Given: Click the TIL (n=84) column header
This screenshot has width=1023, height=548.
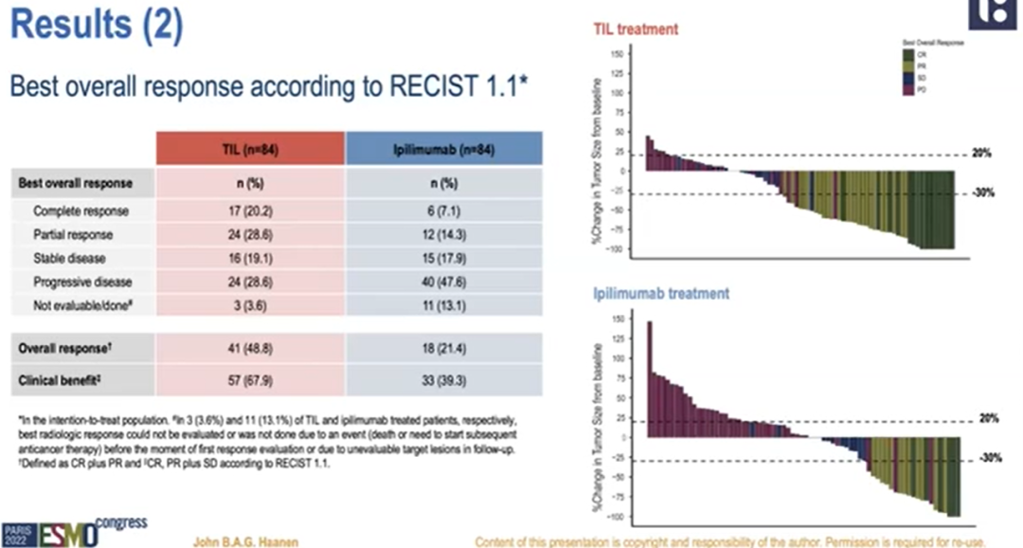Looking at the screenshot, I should pyautogui.click(x=250, y=149).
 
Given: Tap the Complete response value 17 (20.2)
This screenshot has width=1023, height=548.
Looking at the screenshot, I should pyautogui.click(x=250, y=210).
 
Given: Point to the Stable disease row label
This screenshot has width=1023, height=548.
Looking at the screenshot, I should pyautogui.click(x=70, y=258).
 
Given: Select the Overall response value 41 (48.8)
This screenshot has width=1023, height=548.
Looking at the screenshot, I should pyautogui.click(x=250, y=348).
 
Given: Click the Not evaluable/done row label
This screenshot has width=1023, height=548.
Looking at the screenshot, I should pyautogui.click(x=80, y=305).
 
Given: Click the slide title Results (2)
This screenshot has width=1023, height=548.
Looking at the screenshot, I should pyautogui.click(x=95, y=26).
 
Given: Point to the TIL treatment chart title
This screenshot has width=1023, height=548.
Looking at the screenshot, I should pyautogui.click(x=636, y=29).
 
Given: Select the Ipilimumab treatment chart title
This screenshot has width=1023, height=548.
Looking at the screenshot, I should pyautogui.click(x=661, y=294).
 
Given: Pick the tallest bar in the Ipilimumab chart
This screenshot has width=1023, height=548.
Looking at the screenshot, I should pyautogui.click(x=650, y=379).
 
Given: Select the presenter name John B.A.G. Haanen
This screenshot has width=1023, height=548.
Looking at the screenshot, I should pyautogui.click(x=246, y=540).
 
